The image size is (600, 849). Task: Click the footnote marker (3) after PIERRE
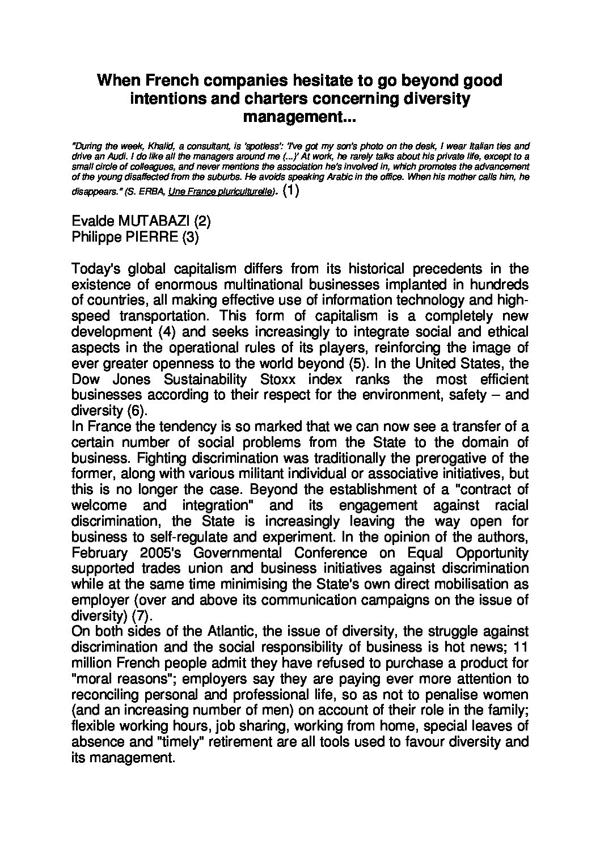pos(191,237)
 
